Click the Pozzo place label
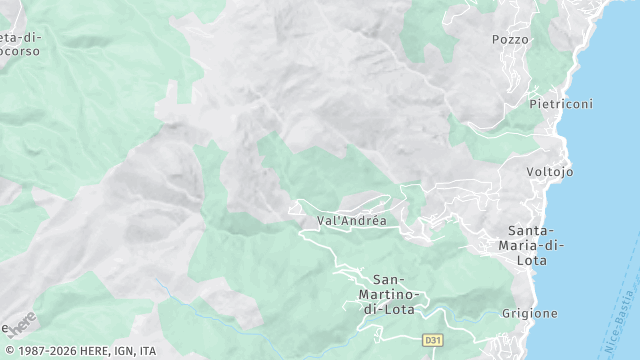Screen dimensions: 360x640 (510, 39)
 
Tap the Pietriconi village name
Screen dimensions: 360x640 (561, 104)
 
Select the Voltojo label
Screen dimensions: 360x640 (550, 172)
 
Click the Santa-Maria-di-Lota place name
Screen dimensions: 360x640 (536, 245)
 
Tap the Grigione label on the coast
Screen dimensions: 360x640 (530, 313)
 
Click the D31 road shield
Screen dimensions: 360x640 (432, 340)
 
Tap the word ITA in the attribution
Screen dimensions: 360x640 (148, 351)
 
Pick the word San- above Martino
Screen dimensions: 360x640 (388, 279)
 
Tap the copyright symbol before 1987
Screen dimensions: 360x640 (8, 351)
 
